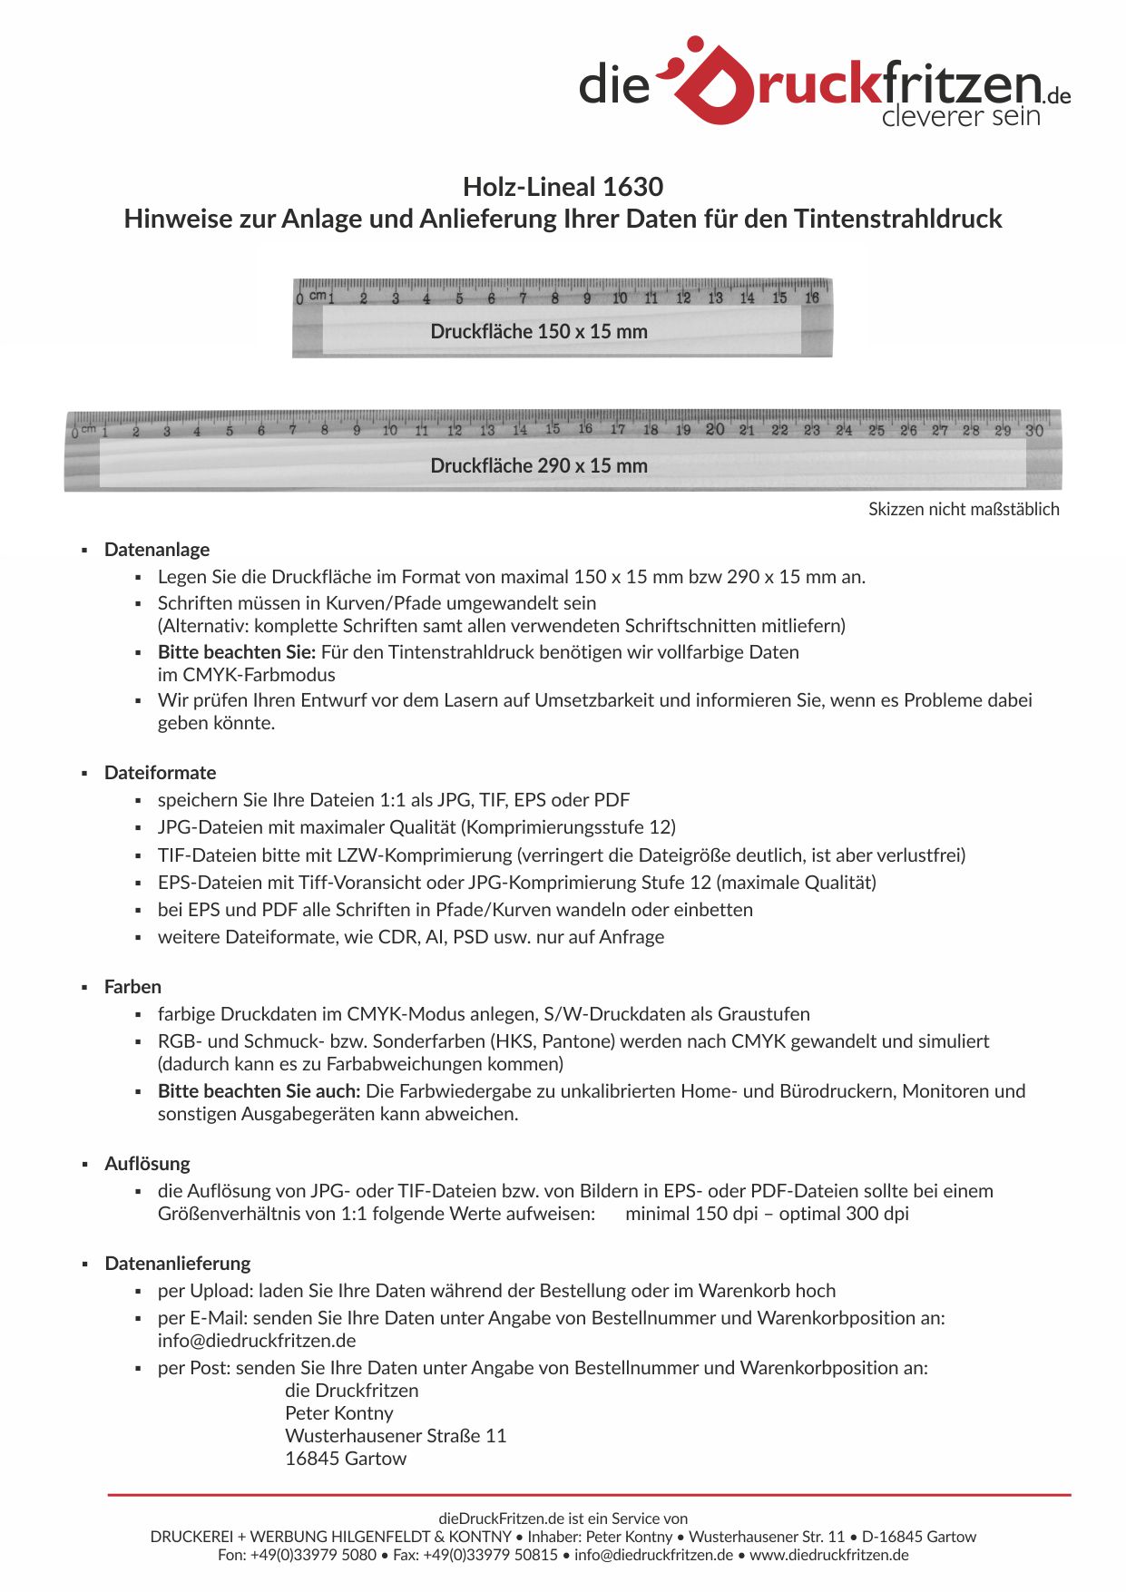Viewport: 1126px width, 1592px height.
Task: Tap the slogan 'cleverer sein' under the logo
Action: [x=960, y=116]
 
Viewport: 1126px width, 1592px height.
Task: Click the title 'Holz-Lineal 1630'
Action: [x=563, y=187]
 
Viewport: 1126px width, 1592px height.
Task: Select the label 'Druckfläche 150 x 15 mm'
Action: [x=539, y=332]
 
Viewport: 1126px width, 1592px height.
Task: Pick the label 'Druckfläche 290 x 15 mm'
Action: [x=539, y=466]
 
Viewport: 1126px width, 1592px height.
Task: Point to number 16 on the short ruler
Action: [x=812, y=298]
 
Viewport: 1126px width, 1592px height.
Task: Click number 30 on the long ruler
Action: [x=1034, y=431]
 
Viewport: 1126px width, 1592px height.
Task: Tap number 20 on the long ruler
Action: [x=715, y=429]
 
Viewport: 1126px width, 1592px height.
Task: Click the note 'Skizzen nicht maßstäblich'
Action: [x=964, y=510]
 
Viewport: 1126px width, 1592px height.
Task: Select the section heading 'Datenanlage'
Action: [x=157, y=550]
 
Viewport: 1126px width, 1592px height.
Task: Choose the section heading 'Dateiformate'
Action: [x=161, y=773]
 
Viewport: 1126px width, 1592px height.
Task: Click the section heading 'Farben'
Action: [x=132, y=987]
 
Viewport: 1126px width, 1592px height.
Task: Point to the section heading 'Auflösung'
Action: [x=147, y=1164]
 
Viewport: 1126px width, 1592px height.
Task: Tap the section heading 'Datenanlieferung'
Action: [x=178, y=1264]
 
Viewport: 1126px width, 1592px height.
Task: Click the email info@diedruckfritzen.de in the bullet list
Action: [x=257, y=1341]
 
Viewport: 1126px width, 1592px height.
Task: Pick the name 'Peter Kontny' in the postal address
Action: [x=339, y=1413]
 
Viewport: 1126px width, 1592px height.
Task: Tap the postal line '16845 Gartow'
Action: [x=346, y=1459]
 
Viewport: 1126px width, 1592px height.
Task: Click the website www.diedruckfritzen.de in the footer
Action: [x=828, y=1555]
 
